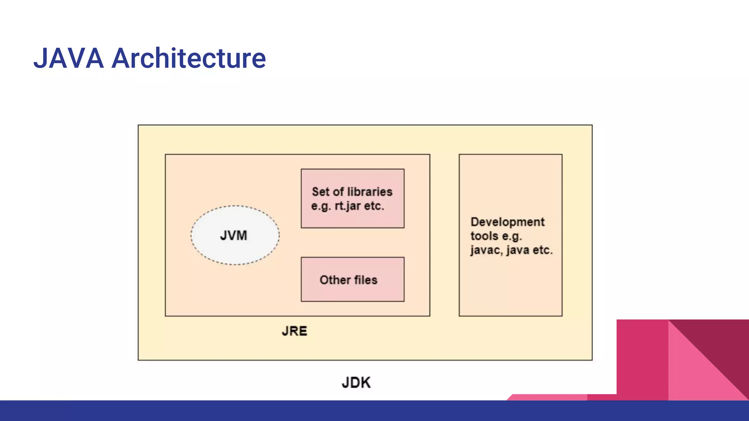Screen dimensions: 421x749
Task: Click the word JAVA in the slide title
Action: pyautogui.click(x=69, y=58)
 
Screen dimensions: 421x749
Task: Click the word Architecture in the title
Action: pyautogui.click(x=188, y=58)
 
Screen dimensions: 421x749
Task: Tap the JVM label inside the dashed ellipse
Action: pyautogui.click(x=234, y=235)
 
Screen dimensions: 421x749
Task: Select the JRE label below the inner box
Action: pyautogui.click(x=294, y=331)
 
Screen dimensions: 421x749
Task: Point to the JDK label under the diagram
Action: pyautogui.click(x=356, y=383)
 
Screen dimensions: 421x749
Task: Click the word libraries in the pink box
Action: pyautogui.click(x=370, y=191)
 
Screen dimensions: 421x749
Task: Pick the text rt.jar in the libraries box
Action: pyautogui.click(x=348, y=206)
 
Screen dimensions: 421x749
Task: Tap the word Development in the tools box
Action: pyautogui.click(x=508, y=222)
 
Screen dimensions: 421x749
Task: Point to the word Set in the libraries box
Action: pyautogui.click(x=320, y=191)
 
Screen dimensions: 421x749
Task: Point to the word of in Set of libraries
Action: pyautogui.click(x=338, y=191)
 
